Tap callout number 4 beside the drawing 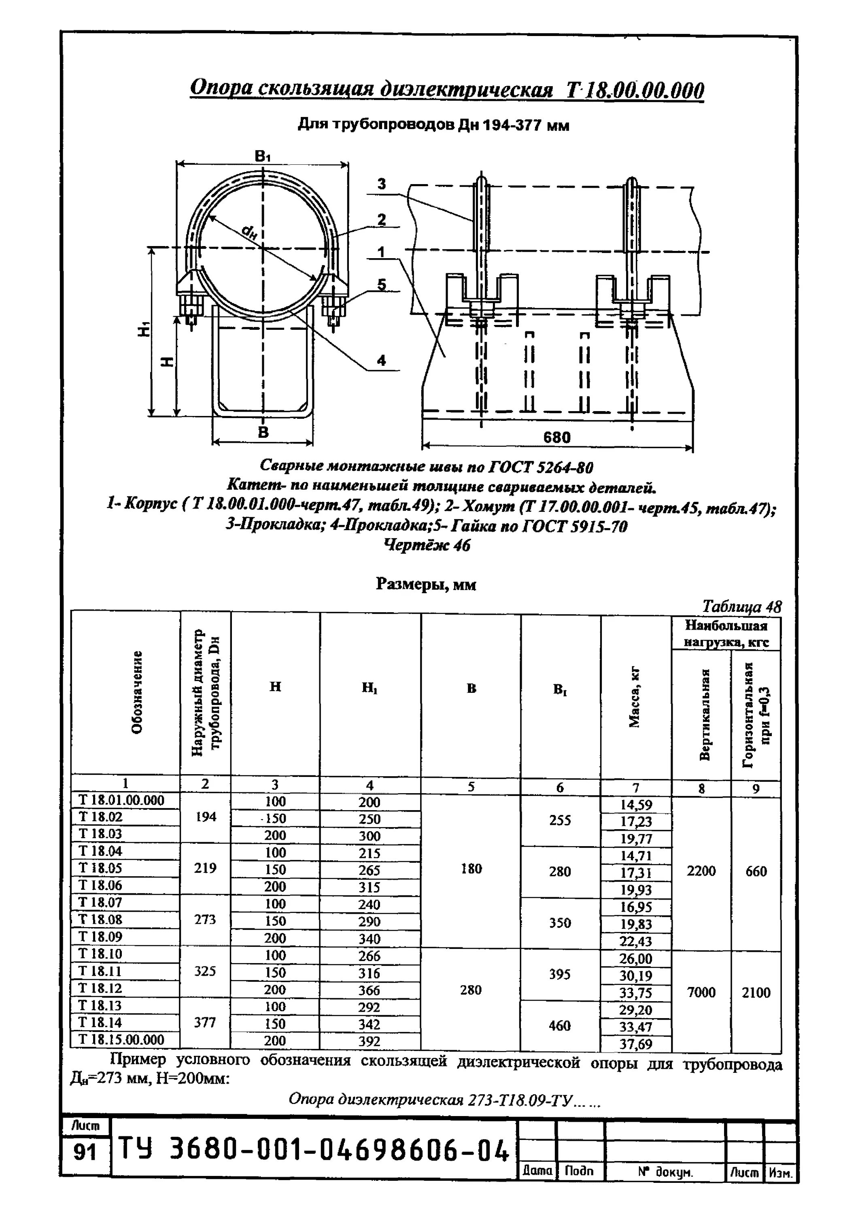381,361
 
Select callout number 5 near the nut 381,285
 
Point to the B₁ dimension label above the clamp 262,156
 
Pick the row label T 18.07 100,902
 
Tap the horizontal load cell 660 756,871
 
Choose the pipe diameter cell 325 205,971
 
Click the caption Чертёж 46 426,545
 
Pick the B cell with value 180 471,868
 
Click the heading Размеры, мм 426,584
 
